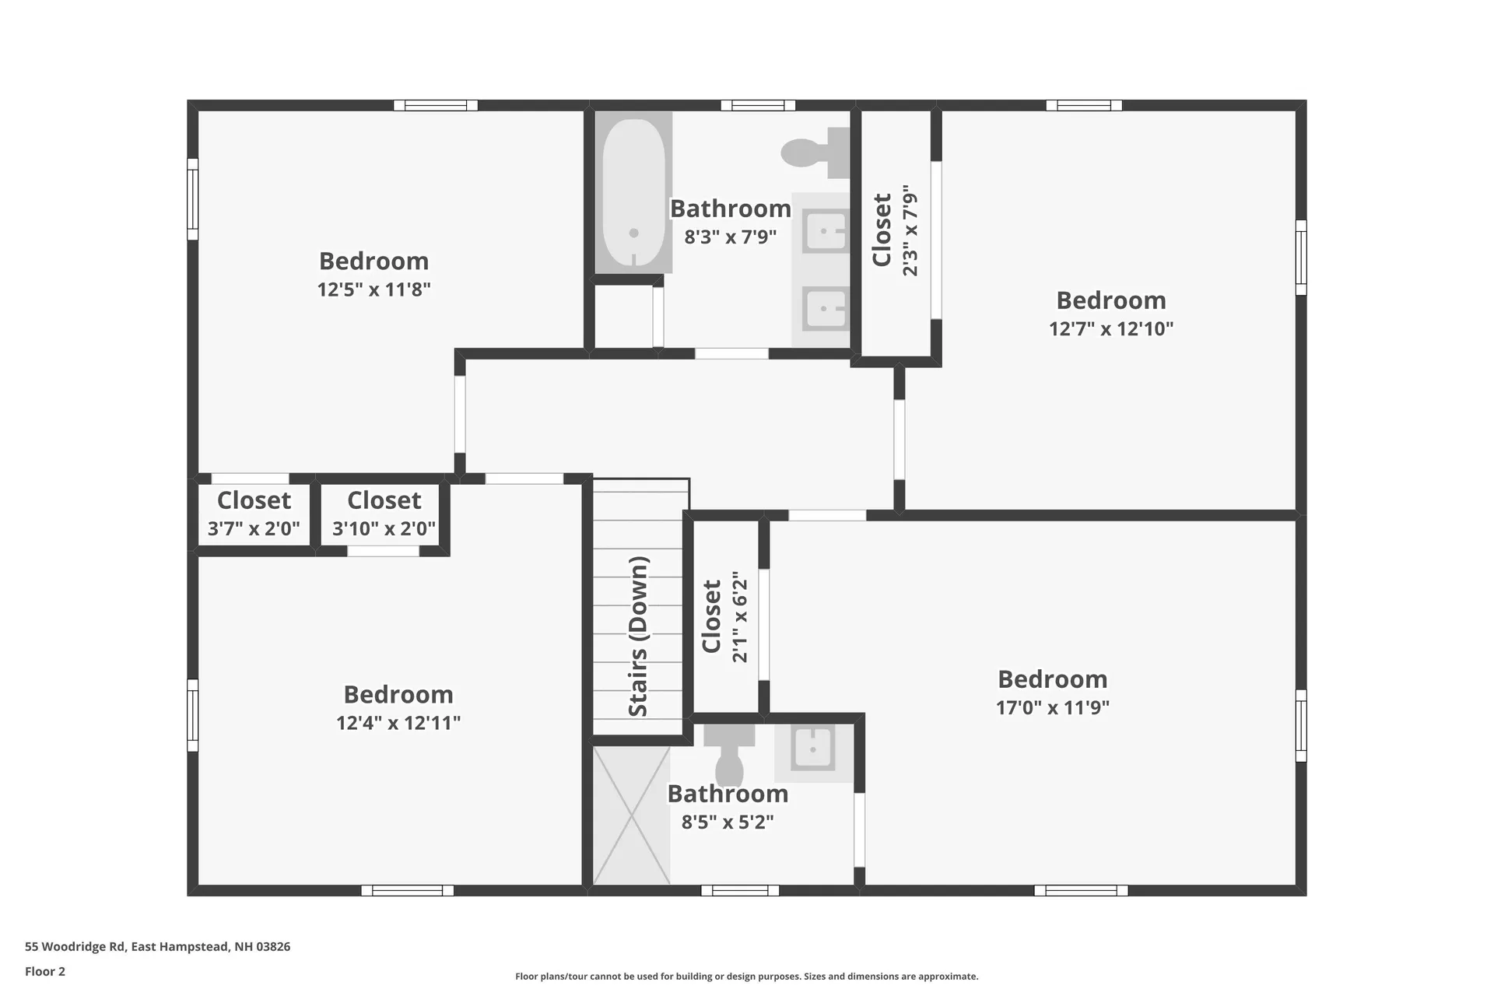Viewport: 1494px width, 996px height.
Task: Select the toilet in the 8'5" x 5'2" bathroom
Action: (x=729, y=755)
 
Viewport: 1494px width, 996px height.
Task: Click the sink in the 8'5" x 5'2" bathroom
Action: (x=813, y=749)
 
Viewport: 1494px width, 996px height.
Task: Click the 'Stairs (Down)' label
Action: (x=638, y=637)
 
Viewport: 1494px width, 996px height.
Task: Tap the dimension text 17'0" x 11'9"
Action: (x=1052, y=707)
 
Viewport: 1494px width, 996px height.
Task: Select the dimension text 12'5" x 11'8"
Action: (x=373, y=289)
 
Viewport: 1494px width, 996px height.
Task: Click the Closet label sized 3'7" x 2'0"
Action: (x=254, y=500)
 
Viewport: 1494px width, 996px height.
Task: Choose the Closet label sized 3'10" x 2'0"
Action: (x=384, y=500)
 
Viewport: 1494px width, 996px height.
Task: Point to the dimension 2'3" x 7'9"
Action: (x=910, y=230)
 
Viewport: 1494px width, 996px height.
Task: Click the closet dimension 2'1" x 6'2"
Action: (x=739, y=617)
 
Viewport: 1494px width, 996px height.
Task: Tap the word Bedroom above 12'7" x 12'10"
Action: (x=1110, y=300)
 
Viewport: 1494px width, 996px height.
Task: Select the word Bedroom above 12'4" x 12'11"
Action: (x=398, y=694)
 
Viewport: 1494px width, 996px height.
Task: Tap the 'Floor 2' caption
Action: (x=45, y=971)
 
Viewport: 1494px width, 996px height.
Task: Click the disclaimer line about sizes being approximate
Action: (x=746, y=976)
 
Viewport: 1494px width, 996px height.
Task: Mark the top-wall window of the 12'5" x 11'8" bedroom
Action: (x=435, y=105)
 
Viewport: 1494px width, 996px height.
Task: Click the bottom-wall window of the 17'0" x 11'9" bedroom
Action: (x=1081, y=890)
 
